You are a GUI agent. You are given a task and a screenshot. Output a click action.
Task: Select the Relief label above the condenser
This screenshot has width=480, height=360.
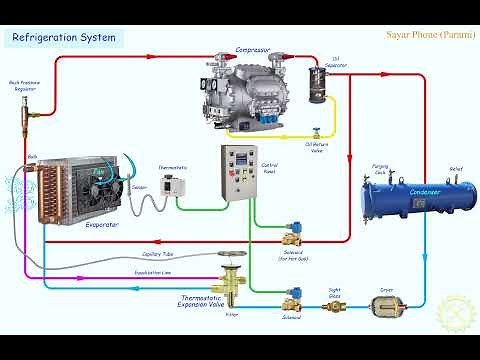pos(456,169)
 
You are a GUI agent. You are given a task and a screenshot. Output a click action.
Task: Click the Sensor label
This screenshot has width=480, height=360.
pos(139,186)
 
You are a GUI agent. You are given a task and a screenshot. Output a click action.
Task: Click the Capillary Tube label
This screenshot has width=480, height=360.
pos(159,253)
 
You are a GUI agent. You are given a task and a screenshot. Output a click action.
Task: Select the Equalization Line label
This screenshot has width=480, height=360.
pos(153,271)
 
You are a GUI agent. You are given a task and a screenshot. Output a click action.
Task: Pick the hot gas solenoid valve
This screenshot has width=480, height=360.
pos(294,237)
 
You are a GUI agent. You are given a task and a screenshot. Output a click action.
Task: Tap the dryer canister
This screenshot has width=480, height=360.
pos(386,304)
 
